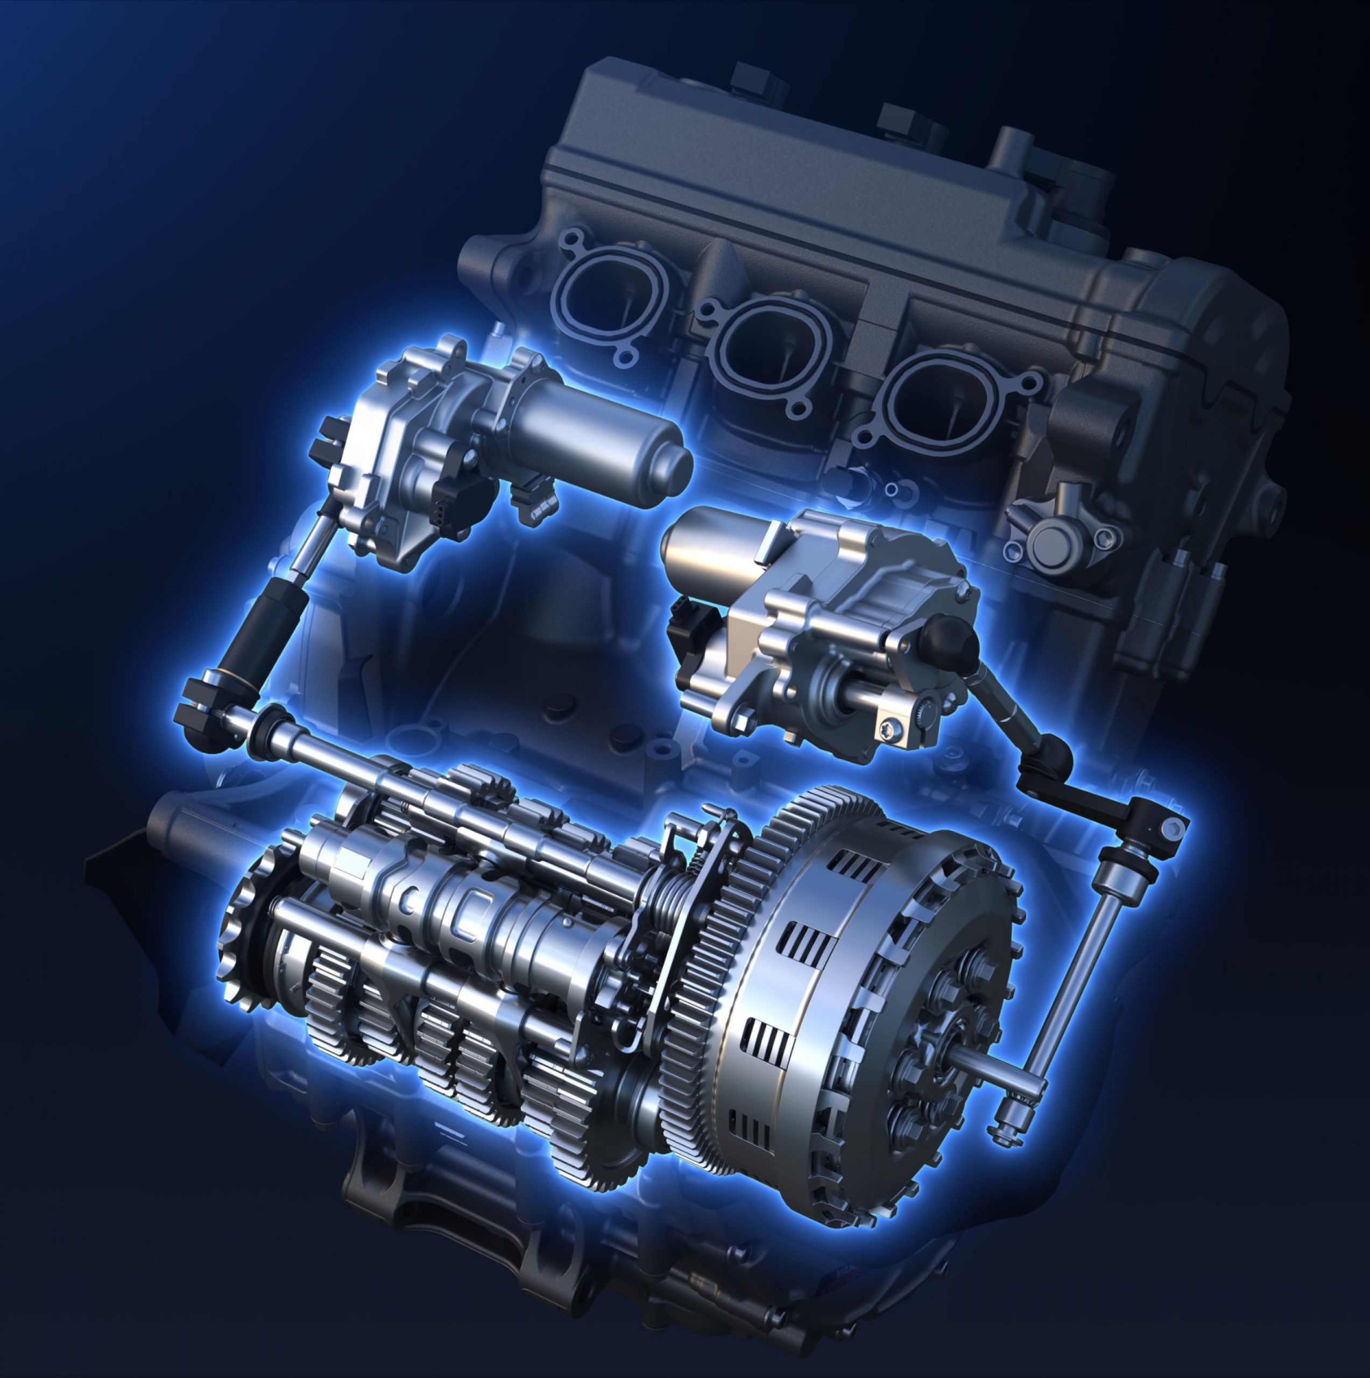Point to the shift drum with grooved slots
456,913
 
